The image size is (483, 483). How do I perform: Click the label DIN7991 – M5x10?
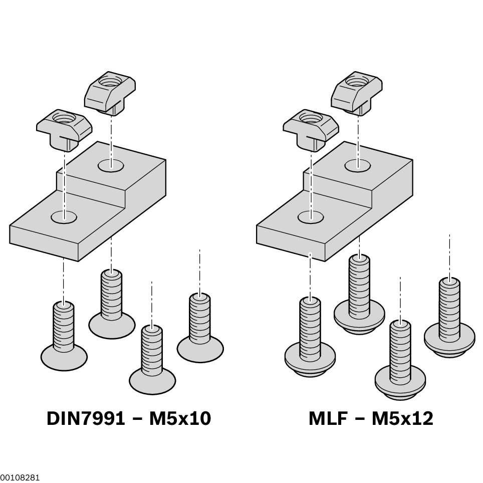click(129, 418)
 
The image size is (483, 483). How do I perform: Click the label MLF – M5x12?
click(371, 418)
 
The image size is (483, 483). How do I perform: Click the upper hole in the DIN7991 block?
click(111, 165)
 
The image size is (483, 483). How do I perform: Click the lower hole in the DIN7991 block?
click(64, 217)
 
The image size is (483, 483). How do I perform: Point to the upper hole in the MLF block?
click(358, 164)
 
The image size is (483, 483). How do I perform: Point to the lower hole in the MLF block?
click(311, 217)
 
